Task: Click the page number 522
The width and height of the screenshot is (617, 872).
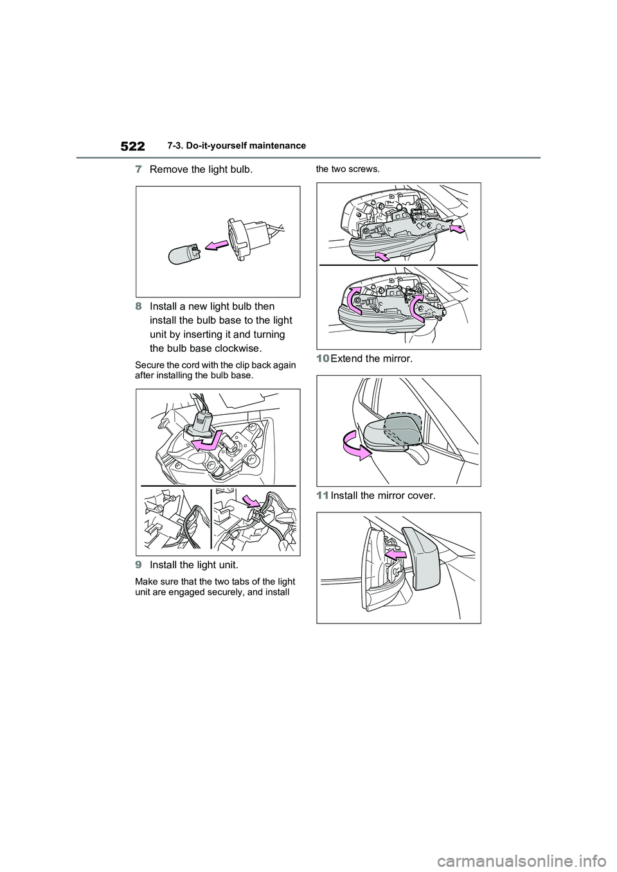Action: click(132, 146)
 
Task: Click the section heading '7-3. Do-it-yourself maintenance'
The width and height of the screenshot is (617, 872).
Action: click(237, 146)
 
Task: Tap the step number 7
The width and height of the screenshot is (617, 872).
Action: click(138, 170)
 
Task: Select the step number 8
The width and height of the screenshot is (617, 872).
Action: click(138, 306)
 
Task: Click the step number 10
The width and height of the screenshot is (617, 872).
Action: click(323, 358)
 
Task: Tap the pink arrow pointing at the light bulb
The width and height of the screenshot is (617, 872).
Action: click(217, 245)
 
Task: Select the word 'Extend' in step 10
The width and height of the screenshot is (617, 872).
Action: click(346, 358)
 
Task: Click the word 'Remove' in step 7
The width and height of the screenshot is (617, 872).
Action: click(167, 170)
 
